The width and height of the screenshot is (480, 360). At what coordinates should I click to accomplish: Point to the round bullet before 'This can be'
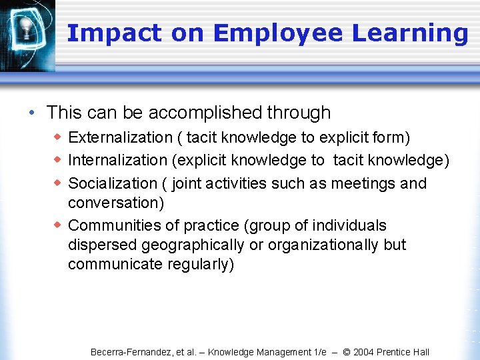pyautogui.click(x=33, y=113)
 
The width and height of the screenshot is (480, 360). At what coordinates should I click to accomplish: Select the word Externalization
pyautogui.click(x=121, y=137)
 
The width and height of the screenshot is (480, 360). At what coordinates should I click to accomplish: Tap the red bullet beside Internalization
pyautogui.click(x=58, y=160)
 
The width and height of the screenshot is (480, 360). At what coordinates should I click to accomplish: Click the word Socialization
pyautogui.click(x=113, y=183)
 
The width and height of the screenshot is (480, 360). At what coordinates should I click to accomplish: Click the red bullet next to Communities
pyautogui.click(x=58, y=225)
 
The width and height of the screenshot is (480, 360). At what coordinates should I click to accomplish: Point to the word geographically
pyautogui.click(x=190, y=245)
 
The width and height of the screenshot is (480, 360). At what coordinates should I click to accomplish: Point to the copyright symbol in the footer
pyautogui.click(x=346, y=352)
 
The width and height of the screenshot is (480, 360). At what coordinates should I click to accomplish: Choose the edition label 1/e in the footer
pyautogui.click(x=319, y=352)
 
